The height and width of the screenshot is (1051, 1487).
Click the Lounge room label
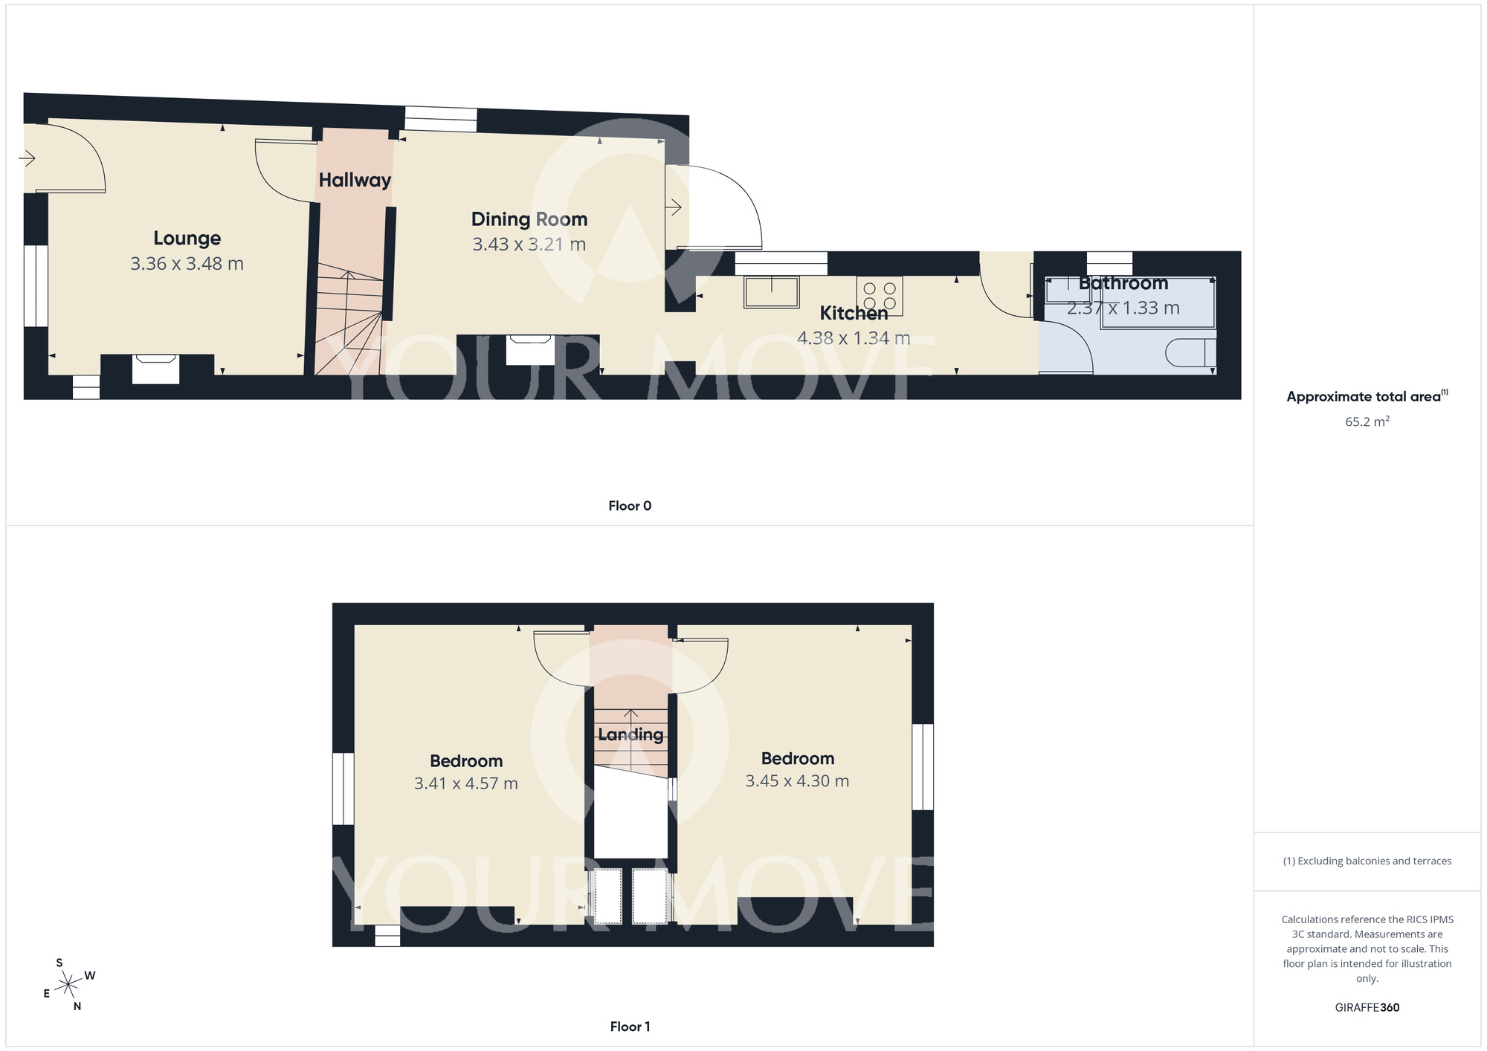pos(187,238)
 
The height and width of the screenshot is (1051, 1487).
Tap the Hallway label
pos(355,180)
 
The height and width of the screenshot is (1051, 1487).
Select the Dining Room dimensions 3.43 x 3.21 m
pos(529,245)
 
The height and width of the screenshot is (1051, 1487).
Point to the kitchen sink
pos(772,291)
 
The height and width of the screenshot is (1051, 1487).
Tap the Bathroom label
pos(1123,283)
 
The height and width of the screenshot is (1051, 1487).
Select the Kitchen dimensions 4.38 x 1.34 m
pos(853,338)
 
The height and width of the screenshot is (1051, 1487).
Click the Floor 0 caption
pos(630,506)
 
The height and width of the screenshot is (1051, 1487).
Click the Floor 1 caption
pos(630,1026)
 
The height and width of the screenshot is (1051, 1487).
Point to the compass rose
pos(68,985)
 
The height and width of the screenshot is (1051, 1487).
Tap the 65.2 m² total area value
pos(1367,421)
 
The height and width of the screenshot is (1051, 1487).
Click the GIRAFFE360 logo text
pos(1367,1008)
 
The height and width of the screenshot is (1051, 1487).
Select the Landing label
pos(630,734)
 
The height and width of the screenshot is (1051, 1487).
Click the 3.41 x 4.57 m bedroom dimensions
pos(465,783)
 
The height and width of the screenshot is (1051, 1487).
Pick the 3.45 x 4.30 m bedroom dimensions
pos(797,781)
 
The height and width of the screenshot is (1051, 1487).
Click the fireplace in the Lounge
pos(155,369)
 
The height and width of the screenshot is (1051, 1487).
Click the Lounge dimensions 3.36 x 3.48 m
pos(187,264)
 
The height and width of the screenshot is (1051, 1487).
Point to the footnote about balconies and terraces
pos(1367,861)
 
